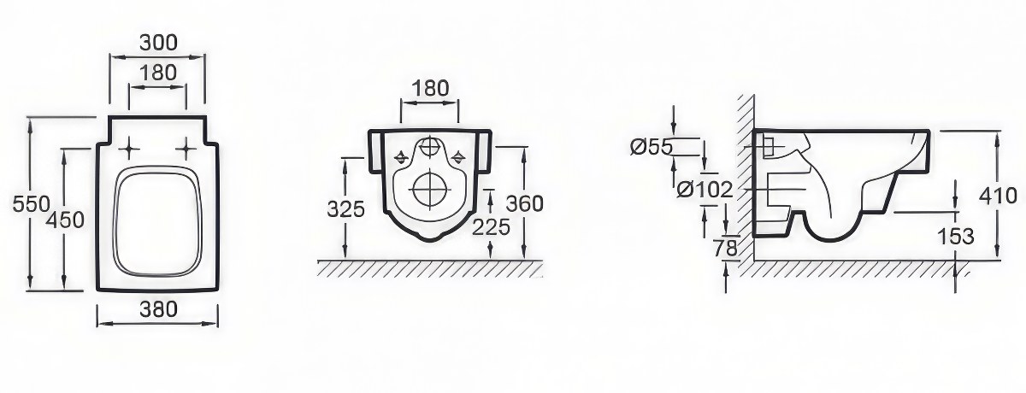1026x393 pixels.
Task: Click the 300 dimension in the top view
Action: [x=158, y=43]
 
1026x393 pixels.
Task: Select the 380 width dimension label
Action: [x=158, y=309]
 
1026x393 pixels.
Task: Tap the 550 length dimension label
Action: [x=31, y=204]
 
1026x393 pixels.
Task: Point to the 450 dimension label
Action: [x=66, y=220]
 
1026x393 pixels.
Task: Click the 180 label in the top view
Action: [x=158, y=73]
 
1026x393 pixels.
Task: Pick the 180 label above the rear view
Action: [x=431, y=88]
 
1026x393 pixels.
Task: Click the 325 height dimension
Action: [x=345, y=209]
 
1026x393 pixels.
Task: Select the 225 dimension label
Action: [x=491, y=227]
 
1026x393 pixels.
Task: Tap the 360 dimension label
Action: [x=524, y=203]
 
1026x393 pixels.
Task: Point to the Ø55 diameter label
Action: [x=652, y=147]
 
